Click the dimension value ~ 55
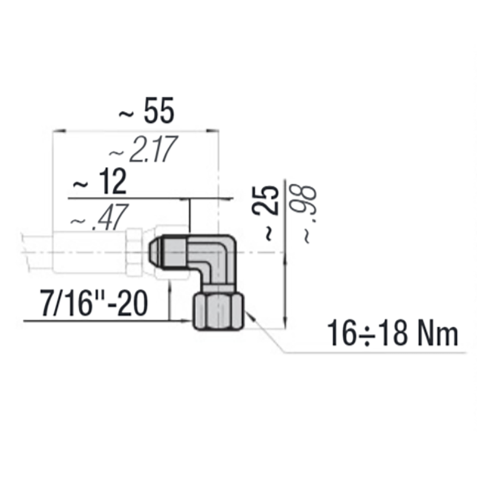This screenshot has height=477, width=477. tap(146, 111)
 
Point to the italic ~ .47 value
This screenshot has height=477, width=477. tap(95, 220)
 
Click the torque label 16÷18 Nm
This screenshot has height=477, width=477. tap(393, 334)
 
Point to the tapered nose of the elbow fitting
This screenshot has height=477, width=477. tap(157, 252)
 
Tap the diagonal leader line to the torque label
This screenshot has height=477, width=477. tap(271, 340)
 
